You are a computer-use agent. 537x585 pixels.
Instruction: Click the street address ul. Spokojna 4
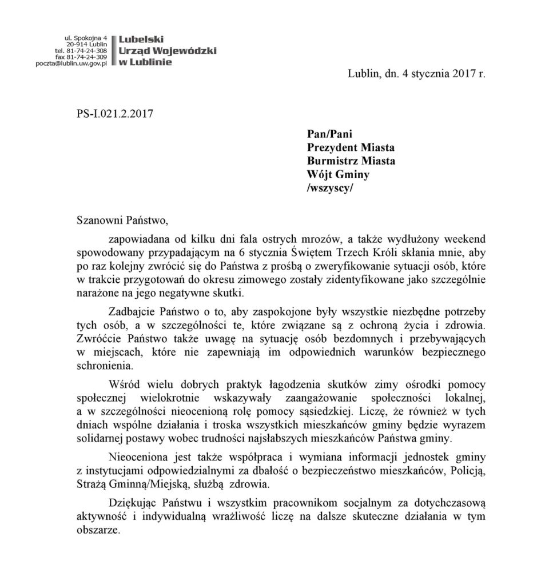[86, 37]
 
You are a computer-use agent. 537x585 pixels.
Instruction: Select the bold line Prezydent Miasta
[351, 148]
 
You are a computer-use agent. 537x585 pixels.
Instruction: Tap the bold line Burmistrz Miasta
[351, 161]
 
